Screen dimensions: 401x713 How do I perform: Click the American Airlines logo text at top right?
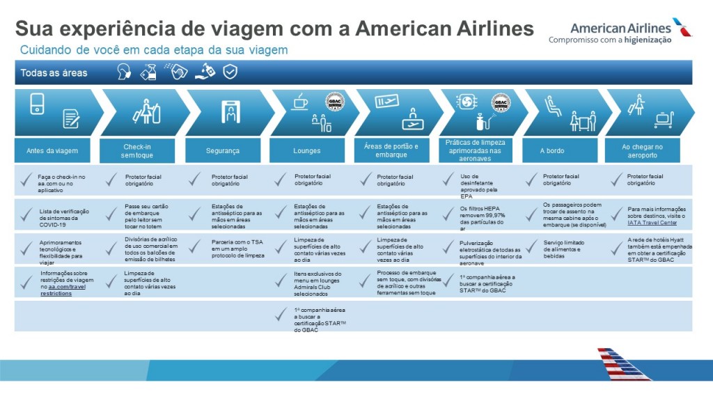620,28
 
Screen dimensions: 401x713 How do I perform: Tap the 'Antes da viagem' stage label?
52,150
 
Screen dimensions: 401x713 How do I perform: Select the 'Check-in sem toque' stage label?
137,150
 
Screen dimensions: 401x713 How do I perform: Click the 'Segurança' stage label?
223,150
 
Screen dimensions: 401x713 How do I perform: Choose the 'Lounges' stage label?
307,150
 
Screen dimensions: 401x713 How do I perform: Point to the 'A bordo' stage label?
552,150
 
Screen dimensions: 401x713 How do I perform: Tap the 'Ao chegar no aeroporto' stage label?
642,150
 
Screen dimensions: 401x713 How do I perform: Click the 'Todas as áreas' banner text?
54,72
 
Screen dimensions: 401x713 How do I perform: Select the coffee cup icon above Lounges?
300,103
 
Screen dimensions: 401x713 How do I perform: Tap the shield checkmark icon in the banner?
230,72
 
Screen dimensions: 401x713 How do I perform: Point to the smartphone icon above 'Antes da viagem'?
38,104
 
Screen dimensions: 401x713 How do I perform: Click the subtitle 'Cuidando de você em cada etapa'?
154,50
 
